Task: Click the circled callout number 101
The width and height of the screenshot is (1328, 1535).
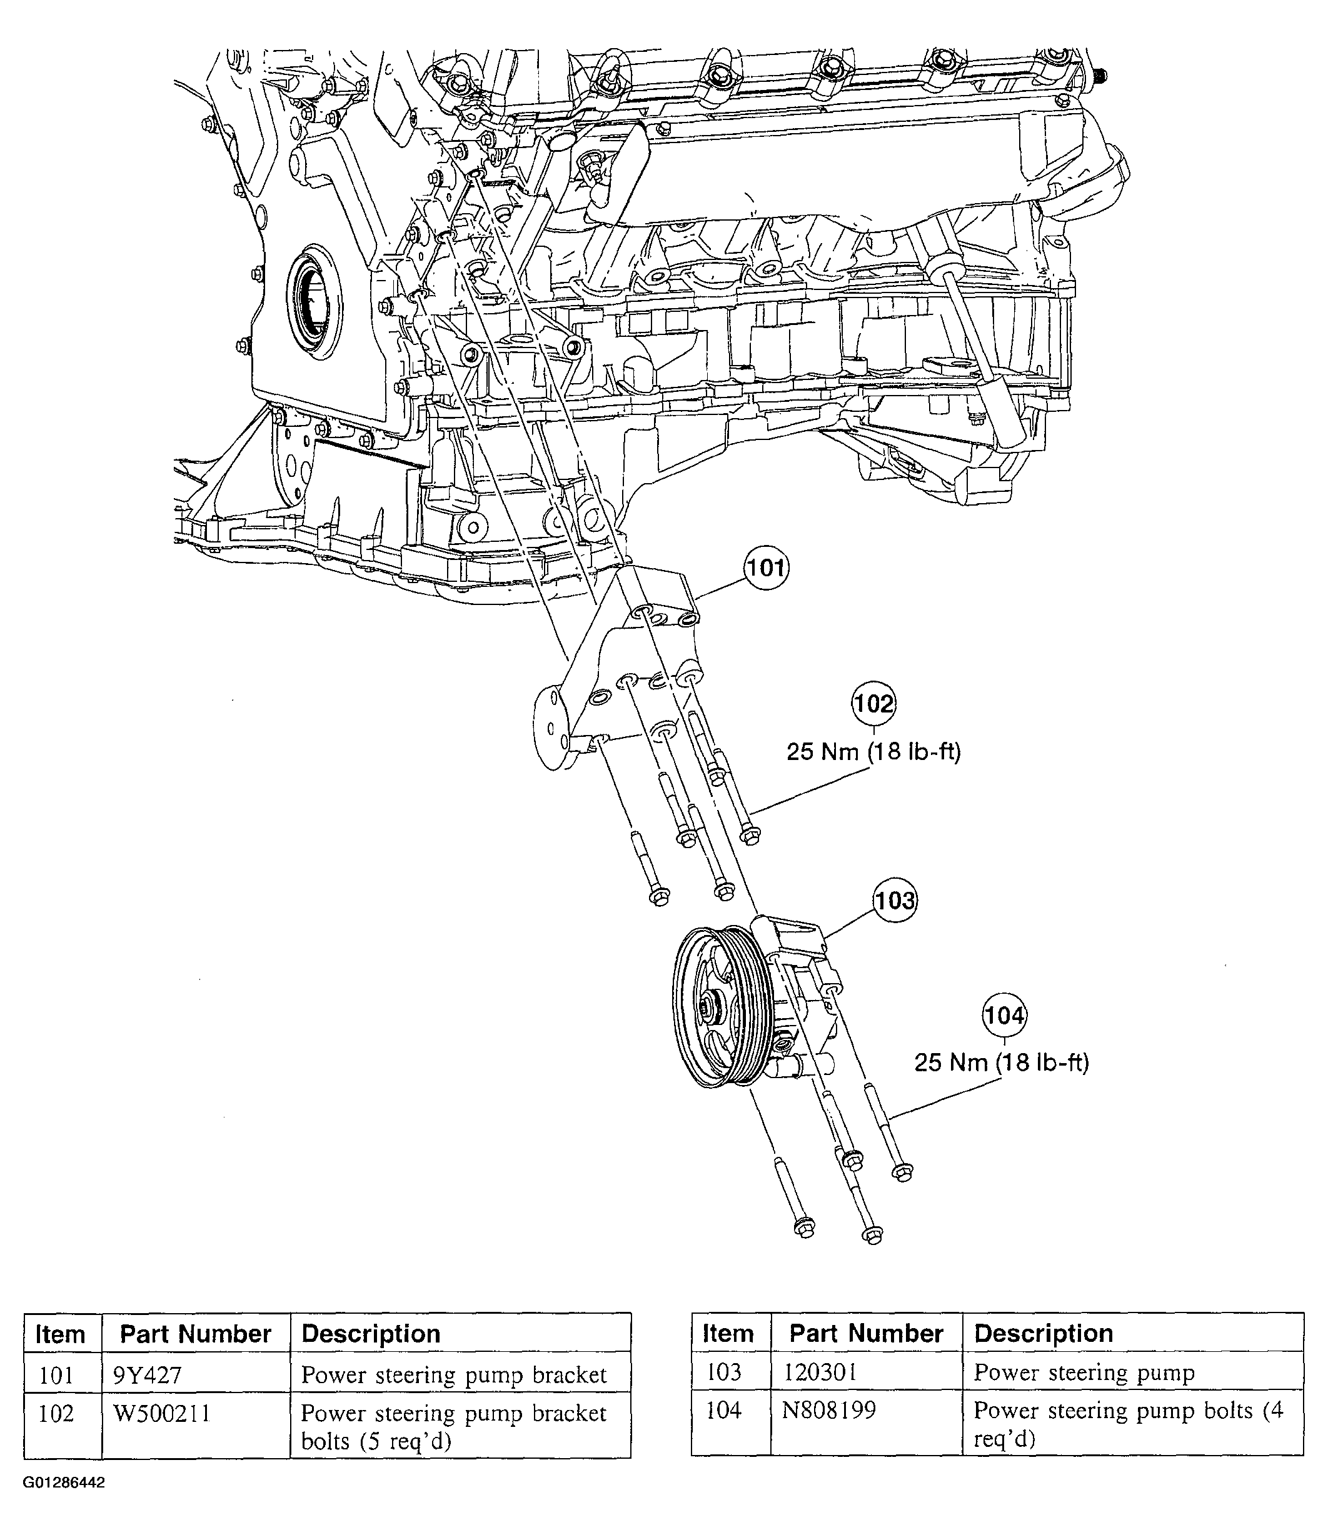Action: click(x=767, y=568)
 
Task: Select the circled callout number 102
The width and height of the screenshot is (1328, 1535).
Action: click(x=873, y=703)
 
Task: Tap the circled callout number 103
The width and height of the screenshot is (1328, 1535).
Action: click(x=895, y=901)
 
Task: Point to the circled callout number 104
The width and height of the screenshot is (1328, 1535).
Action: click(x=1004, y=1015)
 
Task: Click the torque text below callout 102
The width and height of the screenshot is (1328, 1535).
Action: click(x=873, y=752)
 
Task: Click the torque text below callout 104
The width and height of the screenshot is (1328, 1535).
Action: click(x=1001, y=1062)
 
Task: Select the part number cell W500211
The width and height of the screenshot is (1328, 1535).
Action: click(x=161, y=1414)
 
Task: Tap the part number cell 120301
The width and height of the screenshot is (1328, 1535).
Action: click(x=820, y=1372)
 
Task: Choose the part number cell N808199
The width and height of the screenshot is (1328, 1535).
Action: click(x=828, y=1411)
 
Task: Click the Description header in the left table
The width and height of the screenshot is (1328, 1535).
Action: click(x=371, y=1334)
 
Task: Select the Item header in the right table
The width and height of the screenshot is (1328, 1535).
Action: click(x=727, y=1334)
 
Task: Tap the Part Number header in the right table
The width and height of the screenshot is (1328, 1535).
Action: click(x=865, y=1334)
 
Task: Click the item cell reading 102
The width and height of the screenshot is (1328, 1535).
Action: click(x=56, y=1414)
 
